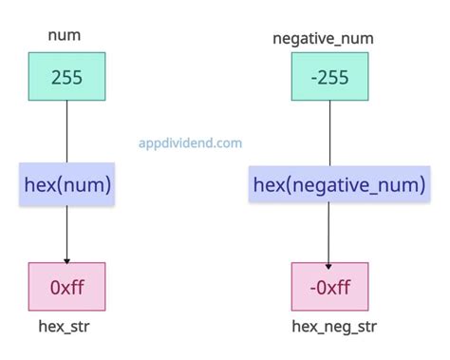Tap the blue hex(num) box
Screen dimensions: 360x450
coord(66,184)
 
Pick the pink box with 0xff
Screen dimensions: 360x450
coord(66,287)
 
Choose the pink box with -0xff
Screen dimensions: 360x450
coord(328,287)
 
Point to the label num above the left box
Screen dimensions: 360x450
coord(64,36)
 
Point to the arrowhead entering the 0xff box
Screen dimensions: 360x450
coord(66,259)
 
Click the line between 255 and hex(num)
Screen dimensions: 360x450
coord(66,133)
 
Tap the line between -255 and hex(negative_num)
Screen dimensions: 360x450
coord(328,133)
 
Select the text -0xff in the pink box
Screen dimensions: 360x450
coord(328,287)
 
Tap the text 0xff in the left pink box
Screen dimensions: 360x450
coord(66,287)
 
